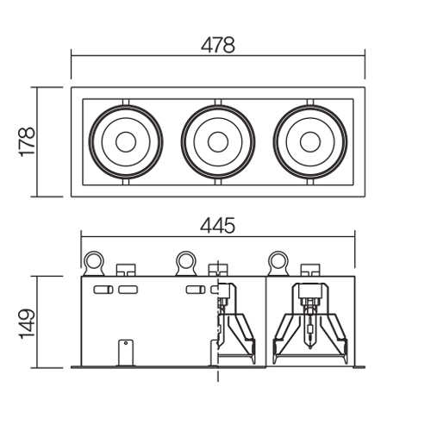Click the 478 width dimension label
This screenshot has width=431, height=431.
218,45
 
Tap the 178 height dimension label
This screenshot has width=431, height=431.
28,141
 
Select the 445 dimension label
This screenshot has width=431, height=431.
217,226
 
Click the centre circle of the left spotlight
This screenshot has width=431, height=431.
126,142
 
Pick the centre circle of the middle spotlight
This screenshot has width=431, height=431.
218,142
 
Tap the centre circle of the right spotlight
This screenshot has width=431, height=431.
310,142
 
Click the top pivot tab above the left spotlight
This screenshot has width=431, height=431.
126,103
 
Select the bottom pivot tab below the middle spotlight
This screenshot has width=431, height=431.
218,182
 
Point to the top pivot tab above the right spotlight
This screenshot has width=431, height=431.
310,103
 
